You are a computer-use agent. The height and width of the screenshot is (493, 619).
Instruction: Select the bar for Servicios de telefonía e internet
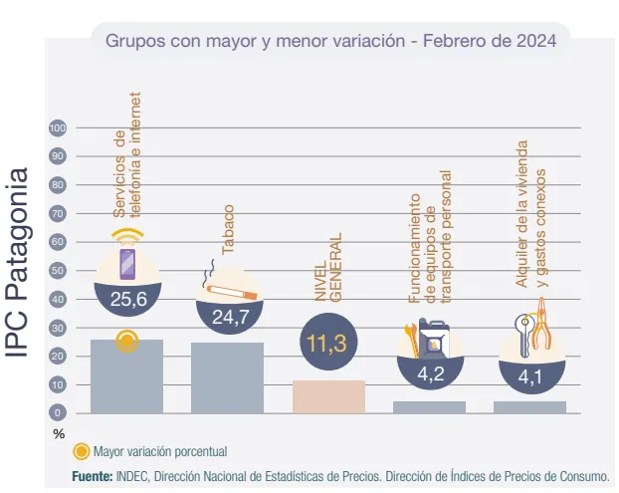[x=126, y=376]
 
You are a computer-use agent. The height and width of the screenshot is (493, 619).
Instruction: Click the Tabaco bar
[x=227, y=377]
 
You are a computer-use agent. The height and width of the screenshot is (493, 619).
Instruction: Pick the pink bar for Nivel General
[x=328, y=396]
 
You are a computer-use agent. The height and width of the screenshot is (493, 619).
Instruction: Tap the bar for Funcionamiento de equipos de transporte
[x=429, y=406]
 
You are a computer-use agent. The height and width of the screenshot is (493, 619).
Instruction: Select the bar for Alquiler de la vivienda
[x=529, y=406]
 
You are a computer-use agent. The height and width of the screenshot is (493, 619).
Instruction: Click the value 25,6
[x=126, y=298]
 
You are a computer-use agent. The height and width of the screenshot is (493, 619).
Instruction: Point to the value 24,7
[x=227, y=317]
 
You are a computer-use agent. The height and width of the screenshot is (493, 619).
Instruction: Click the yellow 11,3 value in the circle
[x=327, y=344]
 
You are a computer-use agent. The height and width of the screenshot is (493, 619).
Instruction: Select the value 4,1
[x=529, y=376]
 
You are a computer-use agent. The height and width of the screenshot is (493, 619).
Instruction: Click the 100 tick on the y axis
[x=58, y=128]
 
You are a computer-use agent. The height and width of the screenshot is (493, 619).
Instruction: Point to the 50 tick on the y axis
[x=58, y=271]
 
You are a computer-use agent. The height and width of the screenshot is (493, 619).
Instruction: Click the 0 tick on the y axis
[x=58, y=412]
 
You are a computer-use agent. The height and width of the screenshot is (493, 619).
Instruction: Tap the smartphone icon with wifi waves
[x=127, y=261]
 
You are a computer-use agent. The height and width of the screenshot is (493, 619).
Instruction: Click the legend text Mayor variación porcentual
[x=159, y=450]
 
